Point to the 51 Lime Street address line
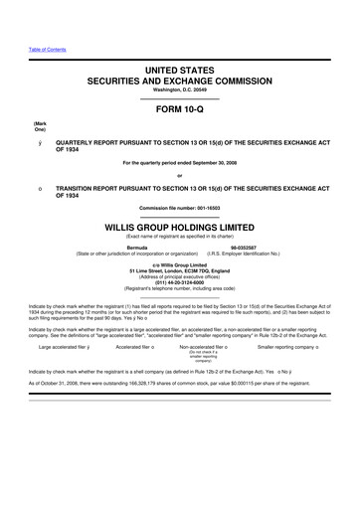pos(179,269)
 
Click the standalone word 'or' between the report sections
pos(179,175)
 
